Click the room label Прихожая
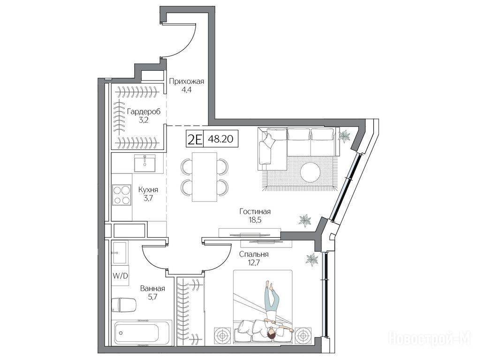click(186, 82)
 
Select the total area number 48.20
click(220, 139)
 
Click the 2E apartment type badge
click(195, 139)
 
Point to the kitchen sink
click(145, 163)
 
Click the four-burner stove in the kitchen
click(121, 195)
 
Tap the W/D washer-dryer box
click(121, 276)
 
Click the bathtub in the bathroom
click(142, 332)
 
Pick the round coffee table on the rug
click(310, 172)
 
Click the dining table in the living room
click(204, 177)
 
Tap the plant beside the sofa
click(345, 136)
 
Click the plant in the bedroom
click(312, 260)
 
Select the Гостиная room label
click(255, 211)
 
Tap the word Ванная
click(152, 289)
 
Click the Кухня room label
click(148, 190)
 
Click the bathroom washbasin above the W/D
click(120, 253)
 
